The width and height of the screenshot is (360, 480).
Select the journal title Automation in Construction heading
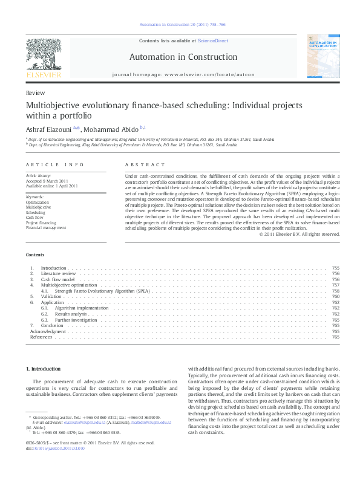tap(180, 57)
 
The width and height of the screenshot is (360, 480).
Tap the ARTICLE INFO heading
tap(47, 164)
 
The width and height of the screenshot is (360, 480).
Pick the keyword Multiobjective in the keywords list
tap(39, 207)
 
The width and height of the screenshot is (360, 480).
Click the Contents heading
tap(34, 255)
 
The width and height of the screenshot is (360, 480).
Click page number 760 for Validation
tap(336, 297)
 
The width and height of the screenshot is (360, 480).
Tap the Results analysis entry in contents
tap(71, 314)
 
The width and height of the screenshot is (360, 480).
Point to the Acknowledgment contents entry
tap(48, 331)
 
